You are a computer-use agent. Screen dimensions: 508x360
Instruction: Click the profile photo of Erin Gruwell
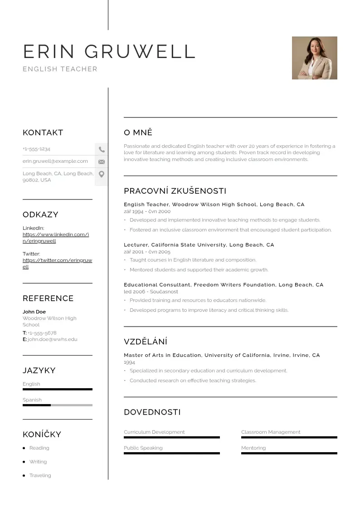click(314, 58)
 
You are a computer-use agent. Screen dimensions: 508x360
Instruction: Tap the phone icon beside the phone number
click(102, 149)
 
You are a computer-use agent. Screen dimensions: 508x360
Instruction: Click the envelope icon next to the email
click(102, 161)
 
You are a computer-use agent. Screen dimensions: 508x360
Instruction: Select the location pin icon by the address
click(102, 174)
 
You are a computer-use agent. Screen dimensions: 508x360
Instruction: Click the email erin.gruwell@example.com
click(55, 161)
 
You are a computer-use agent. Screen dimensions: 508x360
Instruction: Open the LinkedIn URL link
click(56, 238)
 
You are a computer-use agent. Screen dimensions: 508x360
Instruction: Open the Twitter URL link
click(57, 264)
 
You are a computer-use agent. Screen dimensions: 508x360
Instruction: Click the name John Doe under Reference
click(34, 312)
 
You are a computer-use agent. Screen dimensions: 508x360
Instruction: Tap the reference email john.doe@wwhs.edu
click(52, 339)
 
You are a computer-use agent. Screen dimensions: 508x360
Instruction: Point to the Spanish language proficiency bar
click(57, 405)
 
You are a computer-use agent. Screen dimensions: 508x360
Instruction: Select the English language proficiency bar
click(57, 389)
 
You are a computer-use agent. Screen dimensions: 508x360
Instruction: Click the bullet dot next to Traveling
click(24, 476)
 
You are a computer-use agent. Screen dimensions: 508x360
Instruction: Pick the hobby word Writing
click(38, 462)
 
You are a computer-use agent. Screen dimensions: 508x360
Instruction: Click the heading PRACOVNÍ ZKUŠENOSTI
click(175, 191)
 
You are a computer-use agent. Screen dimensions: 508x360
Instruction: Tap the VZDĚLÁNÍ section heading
click(146, 342)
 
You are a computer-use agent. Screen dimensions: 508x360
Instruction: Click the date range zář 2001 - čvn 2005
click(147, 252)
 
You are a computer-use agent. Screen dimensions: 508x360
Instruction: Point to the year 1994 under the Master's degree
click(130, 362)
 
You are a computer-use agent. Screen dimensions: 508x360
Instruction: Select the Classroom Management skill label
click(271, 432)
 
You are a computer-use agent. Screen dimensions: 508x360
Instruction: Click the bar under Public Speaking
click(171, 453)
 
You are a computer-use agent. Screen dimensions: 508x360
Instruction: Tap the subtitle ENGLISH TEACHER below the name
click(60, 69)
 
